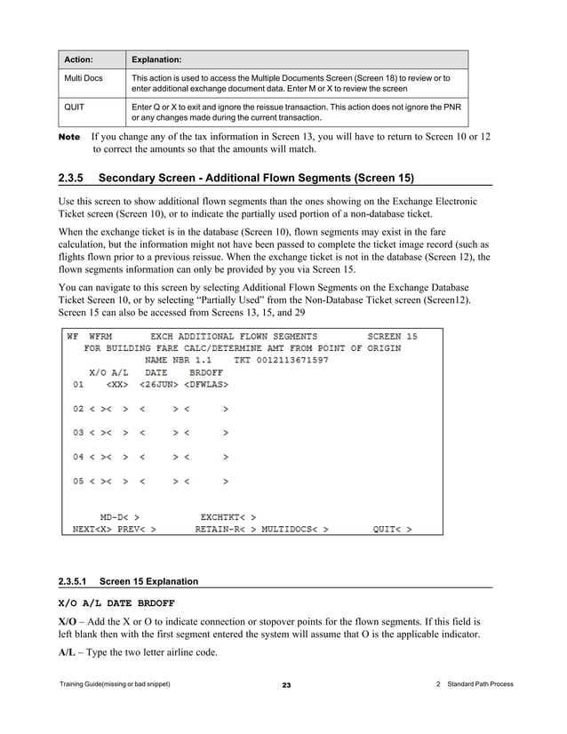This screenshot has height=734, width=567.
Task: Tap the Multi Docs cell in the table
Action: tap(82, 78)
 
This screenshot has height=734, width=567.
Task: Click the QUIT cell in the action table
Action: tap(74, 106)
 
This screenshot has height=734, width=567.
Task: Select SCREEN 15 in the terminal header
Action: tap(392, 337)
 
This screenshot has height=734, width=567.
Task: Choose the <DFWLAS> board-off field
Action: tap(207, 385)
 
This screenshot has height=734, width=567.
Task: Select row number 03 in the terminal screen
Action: tap(78, 433)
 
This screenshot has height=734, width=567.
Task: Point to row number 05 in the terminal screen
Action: tap(78, 481)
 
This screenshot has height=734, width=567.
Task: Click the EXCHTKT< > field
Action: tap(228, 516)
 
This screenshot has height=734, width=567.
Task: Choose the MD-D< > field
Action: tap(119, 516)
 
